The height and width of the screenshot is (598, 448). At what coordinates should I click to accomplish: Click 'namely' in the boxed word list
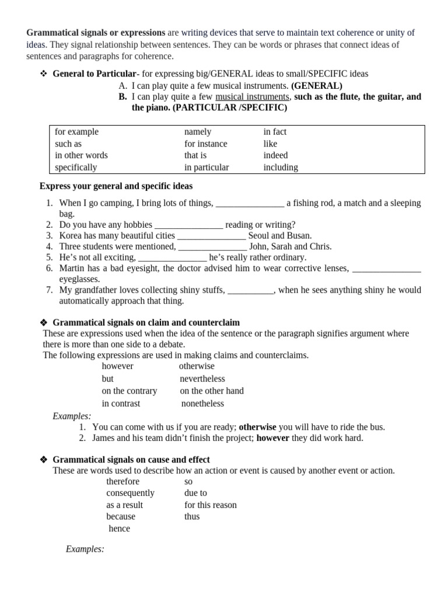click(x=198, y=132)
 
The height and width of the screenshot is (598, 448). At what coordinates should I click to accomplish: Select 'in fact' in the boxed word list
click(x=275, y=132)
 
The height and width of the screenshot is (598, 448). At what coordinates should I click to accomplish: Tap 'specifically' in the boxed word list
click(x=76, y=168)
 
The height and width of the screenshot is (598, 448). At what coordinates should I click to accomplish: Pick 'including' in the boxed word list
click(x=281, y=168)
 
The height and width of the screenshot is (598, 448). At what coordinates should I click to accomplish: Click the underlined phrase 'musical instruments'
click(x=252, y=97)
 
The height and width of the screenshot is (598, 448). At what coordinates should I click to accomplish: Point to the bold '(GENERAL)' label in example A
click(x=317, y=86)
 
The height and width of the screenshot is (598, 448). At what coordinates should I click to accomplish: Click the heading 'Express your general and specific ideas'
click(x=116, y=186)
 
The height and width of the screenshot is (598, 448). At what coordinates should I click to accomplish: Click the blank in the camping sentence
click(x=250, y=203)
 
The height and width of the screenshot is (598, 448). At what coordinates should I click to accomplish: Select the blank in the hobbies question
click(x=188, y=225)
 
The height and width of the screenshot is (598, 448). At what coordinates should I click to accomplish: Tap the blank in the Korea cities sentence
click(x=211, y=236)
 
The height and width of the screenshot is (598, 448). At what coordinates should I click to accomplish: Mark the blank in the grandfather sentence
click(x=250, y=290)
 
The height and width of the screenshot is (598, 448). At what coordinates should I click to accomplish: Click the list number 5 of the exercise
click(x=49, y=258)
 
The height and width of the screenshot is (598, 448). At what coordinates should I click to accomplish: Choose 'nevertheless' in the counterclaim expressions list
click(x=202, y=379)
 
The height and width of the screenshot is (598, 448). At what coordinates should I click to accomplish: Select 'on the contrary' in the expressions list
click(x=129, y=391)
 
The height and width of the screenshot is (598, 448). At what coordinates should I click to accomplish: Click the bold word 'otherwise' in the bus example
click(x=257, y=427)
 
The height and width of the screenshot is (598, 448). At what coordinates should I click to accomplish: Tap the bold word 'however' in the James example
click(x=272, y=438)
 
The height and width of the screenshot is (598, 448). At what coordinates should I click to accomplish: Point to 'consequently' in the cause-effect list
click(x=131, y=493)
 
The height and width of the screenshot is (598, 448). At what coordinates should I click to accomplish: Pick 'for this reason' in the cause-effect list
click(x=211, y=505)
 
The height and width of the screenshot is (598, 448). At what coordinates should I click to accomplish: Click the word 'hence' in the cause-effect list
click(x=120, y=529)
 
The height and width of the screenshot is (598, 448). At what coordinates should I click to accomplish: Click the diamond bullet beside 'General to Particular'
click(x=43, y=74)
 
